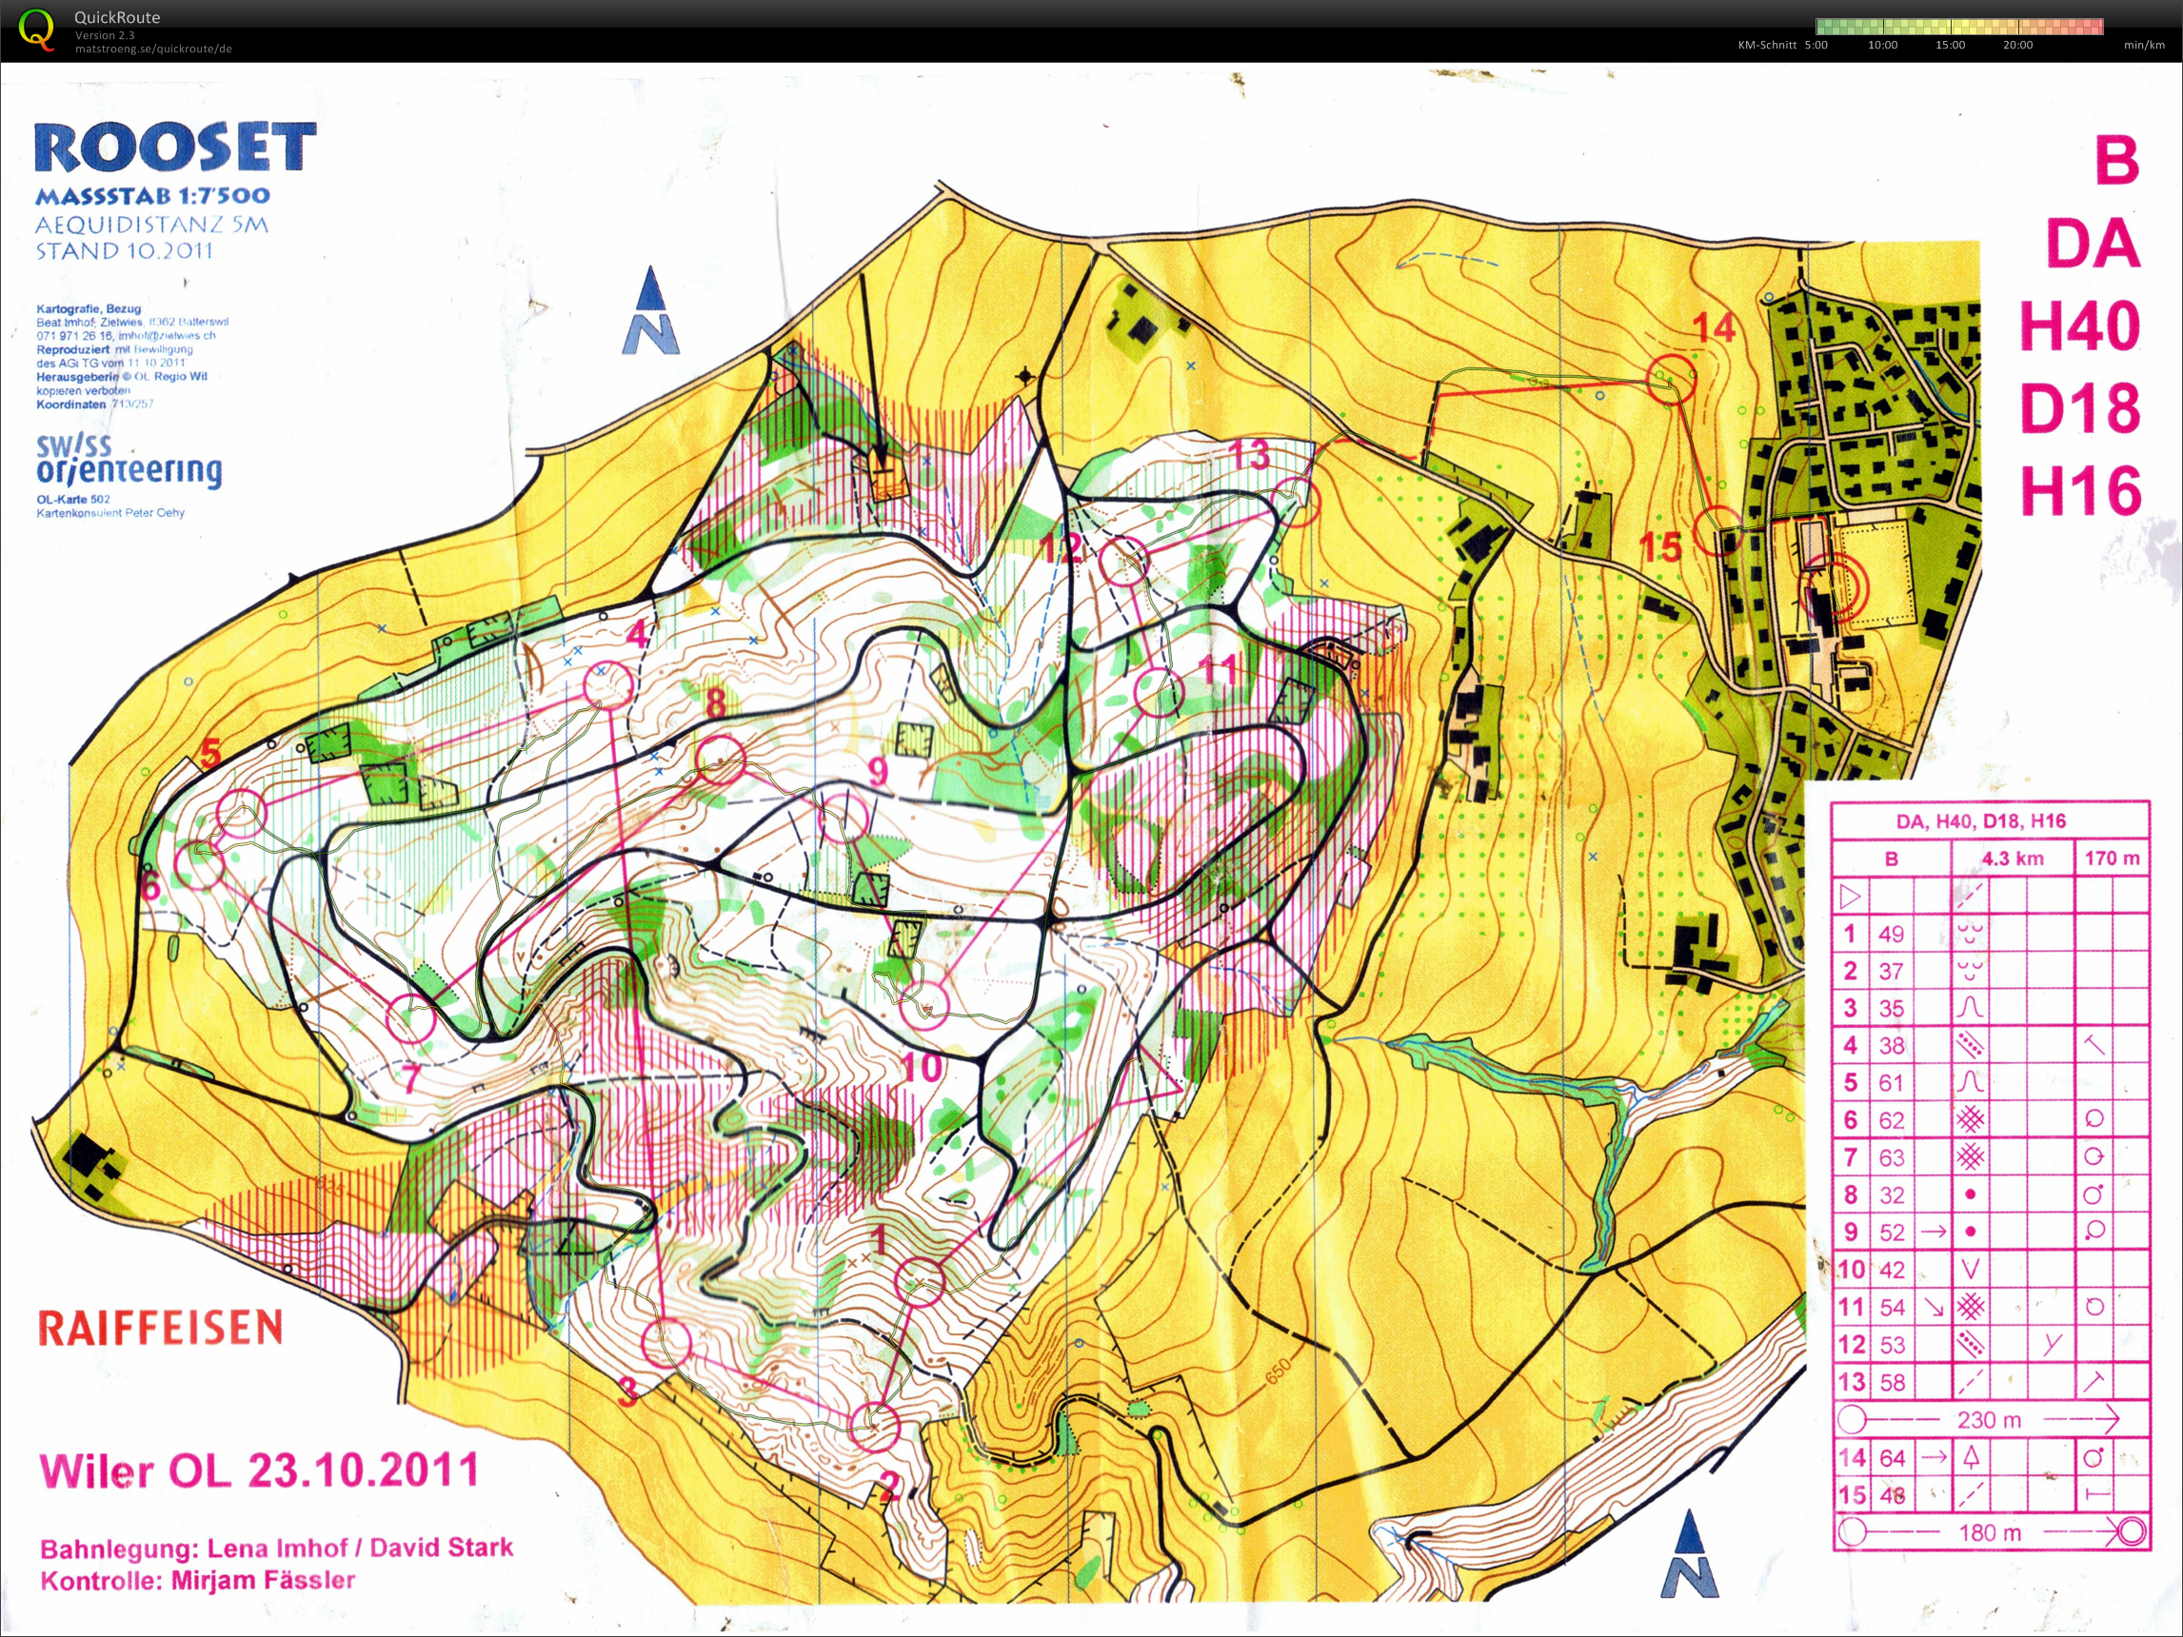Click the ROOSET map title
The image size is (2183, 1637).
[x=174, y=148]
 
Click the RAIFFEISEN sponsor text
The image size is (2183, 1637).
[x=160, y=1328]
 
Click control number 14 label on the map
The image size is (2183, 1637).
[x=1714, y=327]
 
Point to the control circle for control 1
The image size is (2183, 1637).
[x=919, y=1282]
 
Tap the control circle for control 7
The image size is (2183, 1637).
[x=409, y=1019]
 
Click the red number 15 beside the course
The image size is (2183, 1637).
[x=1660, y=546]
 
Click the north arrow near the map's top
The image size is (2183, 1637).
[x=649, y=311]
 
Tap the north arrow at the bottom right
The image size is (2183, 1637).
[x=1690, y=1556]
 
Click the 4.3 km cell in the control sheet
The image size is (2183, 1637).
[x=2013, y=858]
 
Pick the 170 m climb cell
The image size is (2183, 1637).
[x=2112, y=858]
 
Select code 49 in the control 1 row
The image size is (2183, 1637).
[x=1891, y=934]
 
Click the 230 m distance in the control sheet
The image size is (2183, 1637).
[x=1989, y=1420]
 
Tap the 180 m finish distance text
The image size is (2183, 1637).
[x=1990, y=1532]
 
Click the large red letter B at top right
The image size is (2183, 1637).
[x=2116, y=160]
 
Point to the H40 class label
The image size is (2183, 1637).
[x=2079, y=326]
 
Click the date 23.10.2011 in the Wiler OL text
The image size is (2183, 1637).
[x=362, y=1470]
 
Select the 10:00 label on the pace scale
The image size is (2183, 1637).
[x=1882, y=46]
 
